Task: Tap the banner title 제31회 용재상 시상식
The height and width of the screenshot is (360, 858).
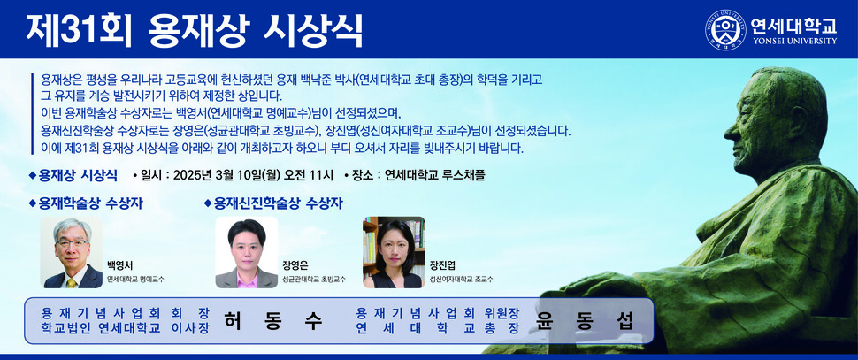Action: tap(194, 31)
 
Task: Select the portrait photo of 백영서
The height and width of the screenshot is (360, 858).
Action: tap(72, 253)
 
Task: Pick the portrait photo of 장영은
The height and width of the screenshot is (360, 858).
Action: tap(246, 253)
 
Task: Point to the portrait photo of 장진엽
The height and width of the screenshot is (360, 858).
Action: tap(393, 253)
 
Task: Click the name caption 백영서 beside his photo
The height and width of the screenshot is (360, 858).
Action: tap(119, 264)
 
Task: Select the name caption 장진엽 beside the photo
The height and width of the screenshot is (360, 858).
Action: tap(442, 264)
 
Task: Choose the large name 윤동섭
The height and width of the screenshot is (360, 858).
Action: tap(585, 320)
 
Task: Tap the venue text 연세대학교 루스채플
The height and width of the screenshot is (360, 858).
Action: tap(435, 174)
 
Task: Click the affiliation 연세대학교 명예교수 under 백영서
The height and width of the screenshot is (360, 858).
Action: tap(135, 279)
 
